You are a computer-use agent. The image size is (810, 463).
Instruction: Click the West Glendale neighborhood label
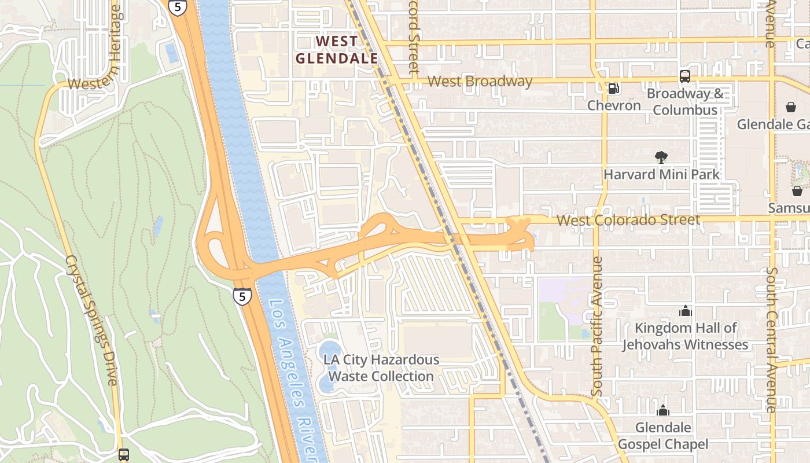point(337,50)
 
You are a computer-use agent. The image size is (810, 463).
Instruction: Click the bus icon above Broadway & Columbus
point(685,76)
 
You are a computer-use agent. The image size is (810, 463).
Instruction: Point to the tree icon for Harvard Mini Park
point(661,157)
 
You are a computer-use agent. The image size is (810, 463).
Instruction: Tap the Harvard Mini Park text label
point(661,174)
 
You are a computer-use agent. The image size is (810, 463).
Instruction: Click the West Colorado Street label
point(628,220)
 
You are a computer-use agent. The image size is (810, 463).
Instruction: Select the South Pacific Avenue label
point(598,327)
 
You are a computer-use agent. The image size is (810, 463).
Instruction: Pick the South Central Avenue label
point(771,339)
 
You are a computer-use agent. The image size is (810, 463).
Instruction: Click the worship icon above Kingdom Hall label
point(685,311)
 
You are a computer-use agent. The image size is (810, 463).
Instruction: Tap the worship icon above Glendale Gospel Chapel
point(663,411)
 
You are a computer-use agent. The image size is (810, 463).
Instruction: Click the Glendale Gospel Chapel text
point(663,436)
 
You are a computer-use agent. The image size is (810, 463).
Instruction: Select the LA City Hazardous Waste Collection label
point(381,368)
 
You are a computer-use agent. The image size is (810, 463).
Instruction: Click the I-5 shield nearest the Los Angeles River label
point(242,296)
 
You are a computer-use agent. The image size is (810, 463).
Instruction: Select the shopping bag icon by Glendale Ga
point(790,107)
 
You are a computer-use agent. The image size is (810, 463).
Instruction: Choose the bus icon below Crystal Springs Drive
point(124,454)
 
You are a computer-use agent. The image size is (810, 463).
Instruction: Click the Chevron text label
point(614,105)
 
